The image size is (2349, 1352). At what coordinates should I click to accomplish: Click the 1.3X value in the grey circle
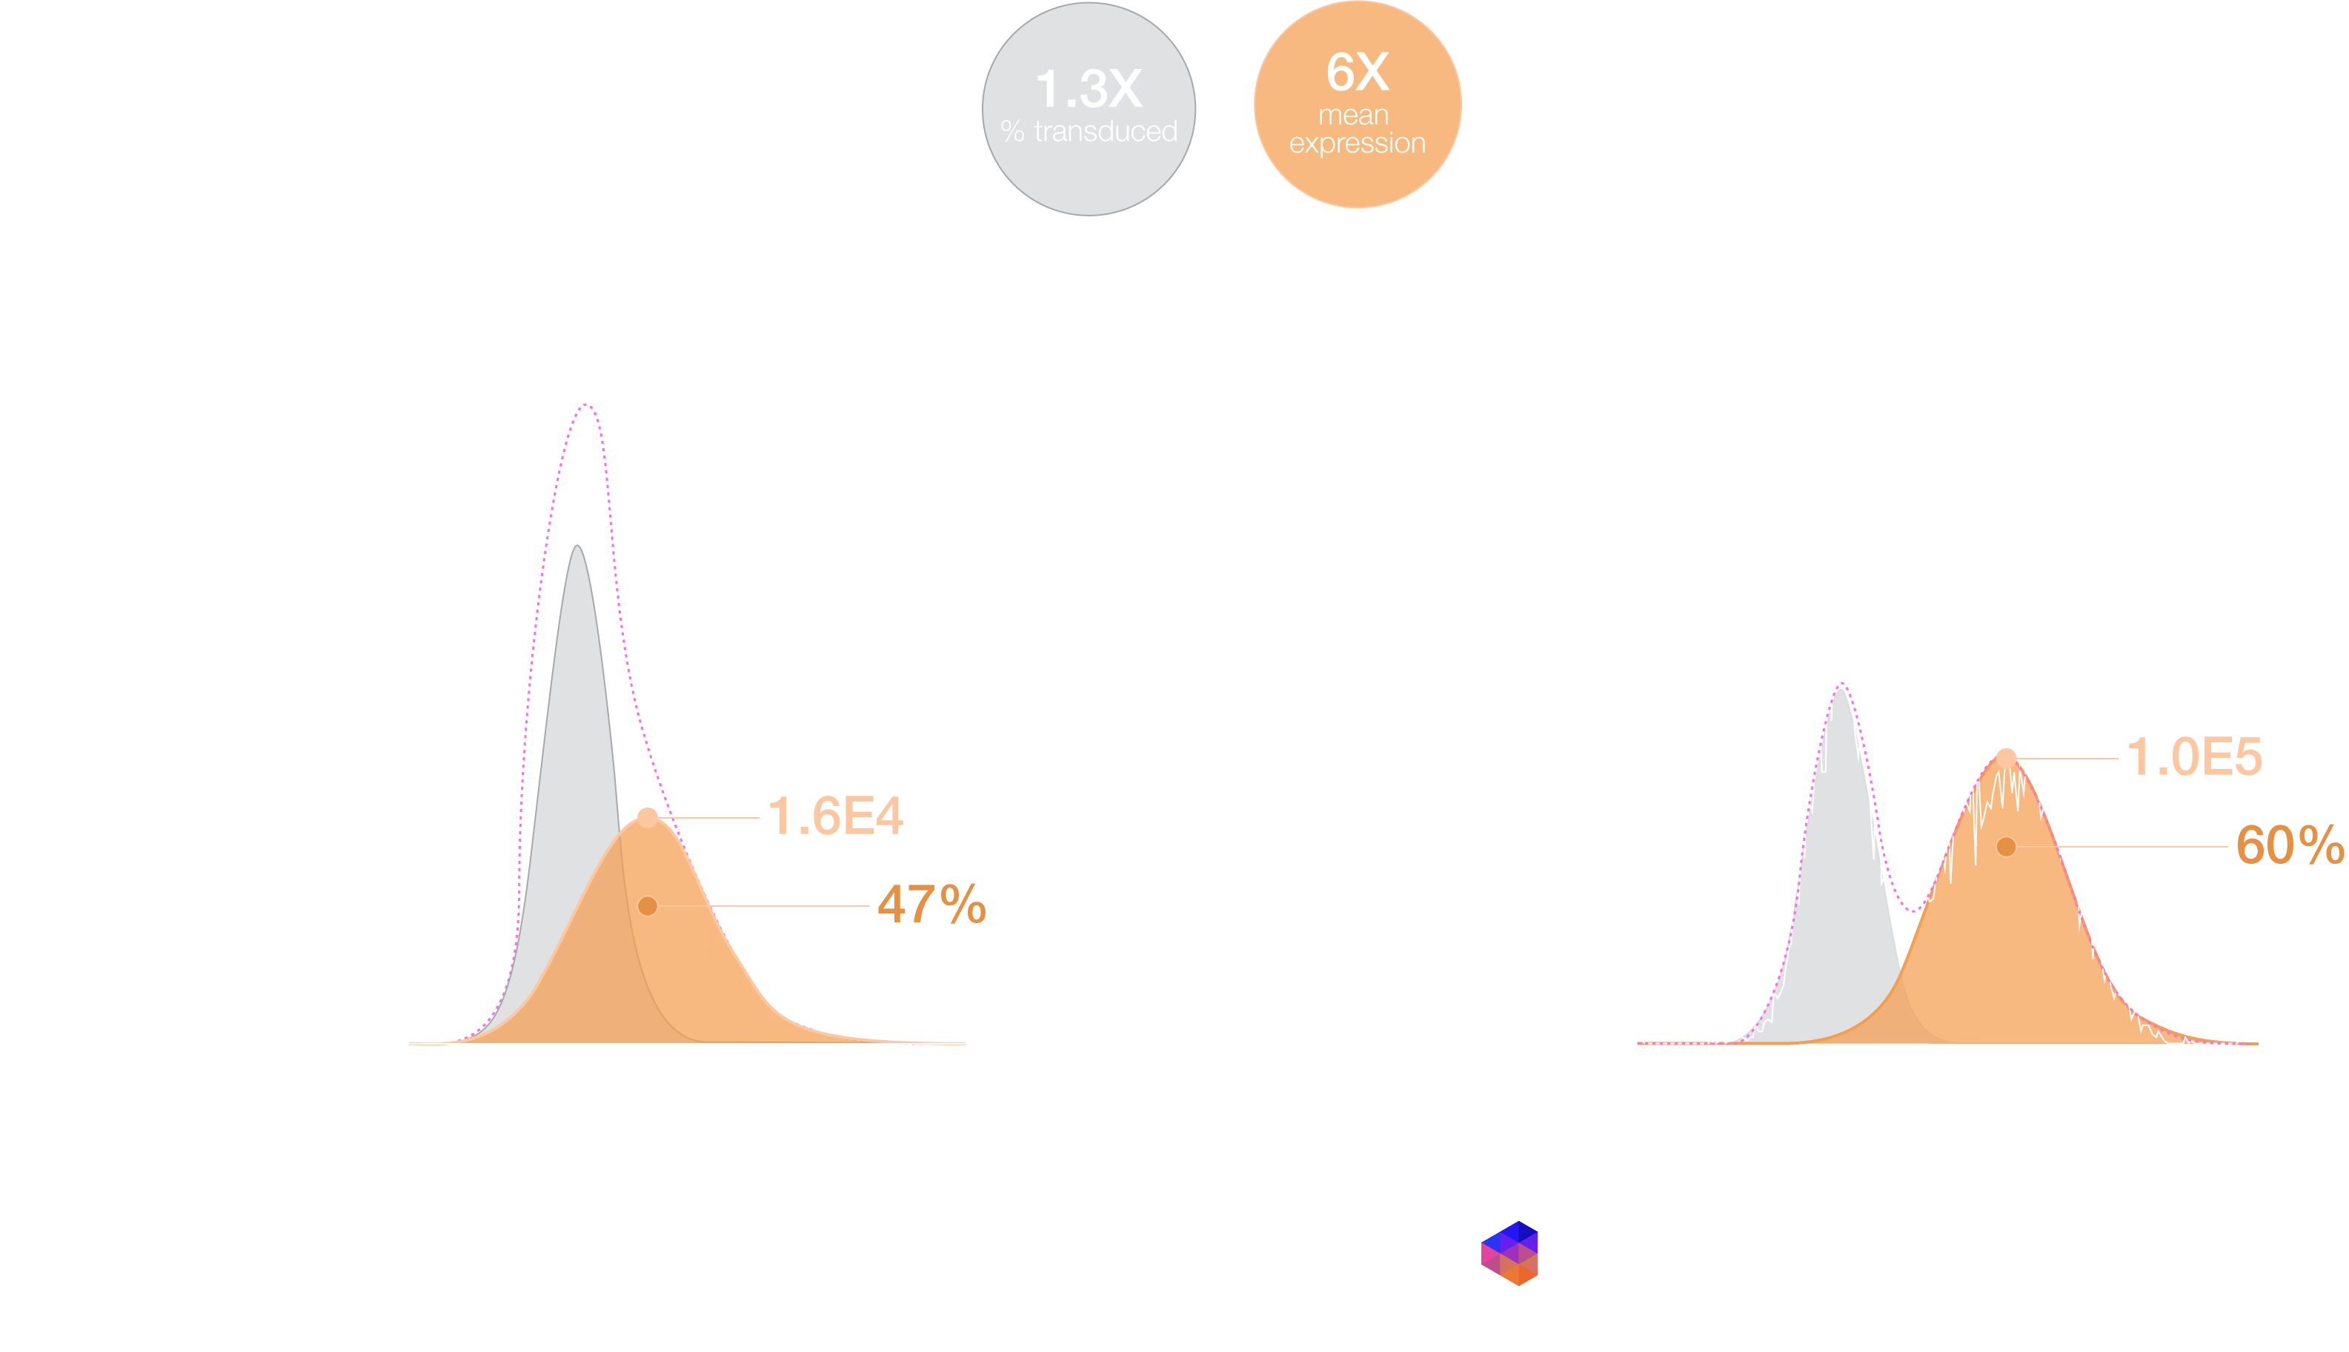[1088, 90]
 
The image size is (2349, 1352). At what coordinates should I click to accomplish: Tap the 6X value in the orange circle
[1357, 73]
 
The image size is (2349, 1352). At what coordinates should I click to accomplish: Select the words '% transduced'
[1089, 132]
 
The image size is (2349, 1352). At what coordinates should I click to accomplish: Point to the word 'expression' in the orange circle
[1357, 143]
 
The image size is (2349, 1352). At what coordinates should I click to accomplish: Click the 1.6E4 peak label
[836, 816]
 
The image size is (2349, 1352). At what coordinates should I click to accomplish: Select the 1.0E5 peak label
[2195, 757]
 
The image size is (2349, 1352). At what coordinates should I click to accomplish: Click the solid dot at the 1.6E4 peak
[648, 817]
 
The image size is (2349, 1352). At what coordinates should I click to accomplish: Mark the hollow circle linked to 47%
[648, 905]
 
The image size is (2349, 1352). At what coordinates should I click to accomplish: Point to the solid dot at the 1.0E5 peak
[2006, 759]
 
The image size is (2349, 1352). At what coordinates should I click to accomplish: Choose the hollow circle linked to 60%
[2006, 846]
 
